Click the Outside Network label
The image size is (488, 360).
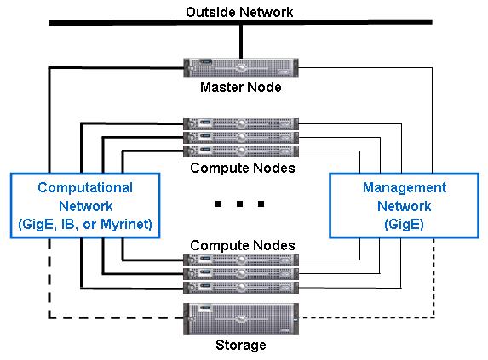tap(239, 13)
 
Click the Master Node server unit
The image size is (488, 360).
tap(241, 68)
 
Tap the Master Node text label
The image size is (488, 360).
tap(240, 87)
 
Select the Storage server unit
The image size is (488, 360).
tap(241, 319)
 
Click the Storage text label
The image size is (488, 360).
tap(241, 345)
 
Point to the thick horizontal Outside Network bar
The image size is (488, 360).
tap(240, 22)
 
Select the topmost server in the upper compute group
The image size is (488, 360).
tap(241, 124)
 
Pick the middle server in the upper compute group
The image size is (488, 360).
tap(241, 138)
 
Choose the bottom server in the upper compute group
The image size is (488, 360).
tap(241, 151)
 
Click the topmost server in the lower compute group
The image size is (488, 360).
tap(241, 260)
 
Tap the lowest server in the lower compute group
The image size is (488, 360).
tap(241, 288)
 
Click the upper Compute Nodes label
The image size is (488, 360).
tap(243, 169)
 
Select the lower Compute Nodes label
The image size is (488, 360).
tap(243, 246)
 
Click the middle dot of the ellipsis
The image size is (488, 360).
tap(239, 204)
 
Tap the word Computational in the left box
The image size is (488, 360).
tap(85, 188)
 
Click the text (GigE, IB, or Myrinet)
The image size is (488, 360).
tap(85, 225)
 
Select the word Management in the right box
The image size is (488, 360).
tap(405, 187)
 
